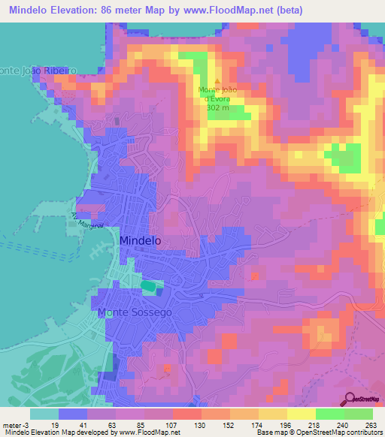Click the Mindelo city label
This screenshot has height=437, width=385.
[x=140, y=240]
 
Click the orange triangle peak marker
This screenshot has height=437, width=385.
[x=218, y=82]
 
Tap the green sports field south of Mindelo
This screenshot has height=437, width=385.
[x=150, y=286]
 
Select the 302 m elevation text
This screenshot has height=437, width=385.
[x=218, y=107]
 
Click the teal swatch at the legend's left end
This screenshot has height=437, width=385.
[x=44, y=414]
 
